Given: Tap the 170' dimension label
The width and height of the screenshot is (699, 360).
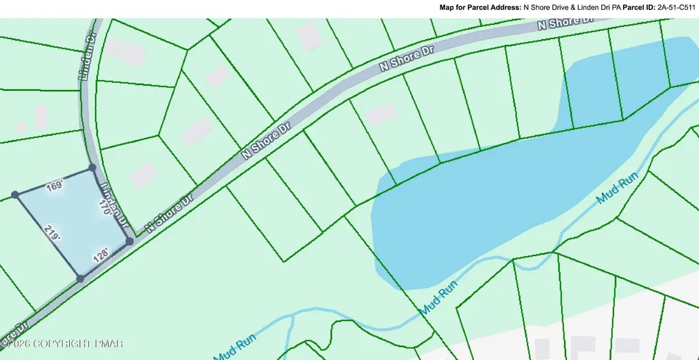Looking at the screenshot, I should [105, 208].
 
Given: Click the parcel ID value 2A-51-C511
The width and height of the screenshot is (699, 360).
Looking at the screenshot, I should [676, 9].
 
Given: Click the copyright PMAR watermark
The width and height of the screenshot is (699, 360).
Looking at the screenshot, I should [62, 344].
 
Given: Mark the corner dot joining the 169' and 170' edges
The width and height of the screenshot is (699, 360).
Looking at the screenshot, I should [92, 168].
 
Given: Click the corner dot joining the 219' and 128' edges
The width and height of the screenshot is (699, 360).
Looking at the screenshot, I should [80, 279].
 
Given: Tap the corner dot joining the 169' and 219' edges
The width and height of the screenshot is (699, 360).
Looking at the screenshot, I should [15, 195].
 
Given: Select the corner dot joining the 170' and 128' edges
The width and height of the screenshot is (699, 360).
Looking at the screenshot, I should [129, 241].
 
